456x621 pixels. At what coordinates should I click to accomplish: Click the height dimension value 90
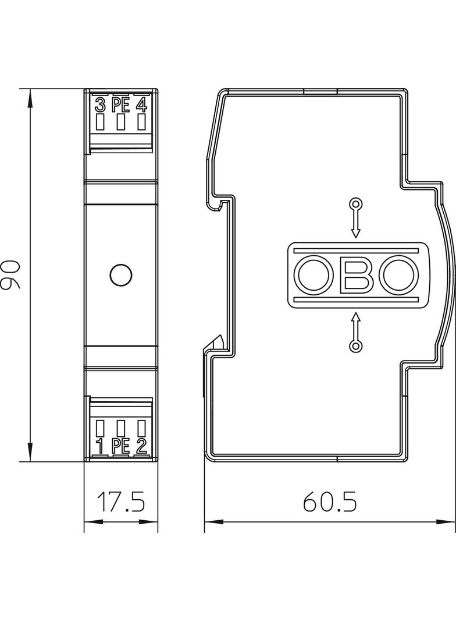point(11,276)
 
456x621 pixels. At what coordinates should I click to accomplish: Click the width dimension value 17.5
point(120,502)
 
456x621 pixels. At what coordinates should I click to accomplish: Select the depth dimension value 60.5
point(329,502)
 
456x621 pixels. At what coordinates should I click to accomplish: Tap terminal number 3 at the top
point(100,105)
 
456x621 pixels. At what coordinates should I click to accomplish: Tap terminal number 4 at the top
point(141,105)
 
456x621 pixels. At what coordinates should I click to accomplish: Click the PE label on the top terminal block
point(120,105)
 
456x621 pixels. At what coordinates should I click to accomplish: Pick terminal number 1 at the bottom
point(100,447)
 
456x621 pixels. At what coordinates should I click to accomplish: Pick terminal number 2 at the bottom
point(141,447)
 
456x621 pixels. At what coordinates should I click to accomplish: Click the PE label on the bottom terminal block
point(120,447)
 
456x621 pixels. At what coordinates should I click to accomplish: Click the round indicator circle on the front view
point(120,275)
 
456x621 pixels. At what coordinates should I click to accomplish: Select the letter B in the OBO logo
point(357,275)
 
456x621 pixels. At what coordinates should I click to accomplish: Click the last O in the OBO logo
point(399,275)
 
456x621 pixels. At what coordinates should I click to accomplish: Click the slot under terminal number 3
point(100,122)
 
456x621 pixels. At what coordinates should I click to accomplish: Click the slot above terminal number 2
point(141,428)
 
